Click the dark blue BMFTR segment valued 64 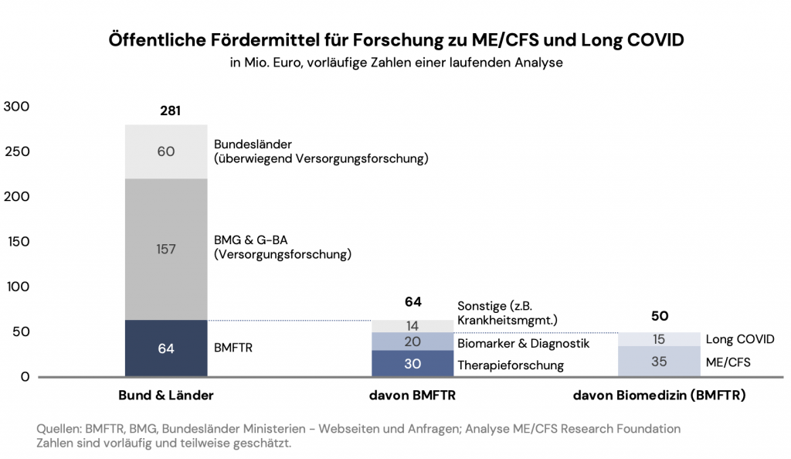166,348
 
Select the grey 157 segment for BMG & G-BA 166,249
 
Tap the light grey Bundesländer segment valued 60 166,151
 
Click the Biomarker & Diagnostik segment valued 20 412,342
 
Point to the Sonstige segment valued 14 412,326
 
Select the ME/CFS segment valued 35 659,361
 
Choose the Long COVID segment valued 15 659,339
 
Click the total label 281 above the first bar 170,110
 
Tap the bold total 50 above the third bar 659,315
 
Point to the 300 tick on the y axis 17,106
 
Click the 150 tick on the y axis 17,241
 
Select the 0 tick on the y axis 25,376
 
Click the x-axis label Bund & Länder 165,396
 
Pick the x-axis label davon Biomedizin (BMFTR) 659,396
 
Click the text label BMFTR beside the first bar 233,348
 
